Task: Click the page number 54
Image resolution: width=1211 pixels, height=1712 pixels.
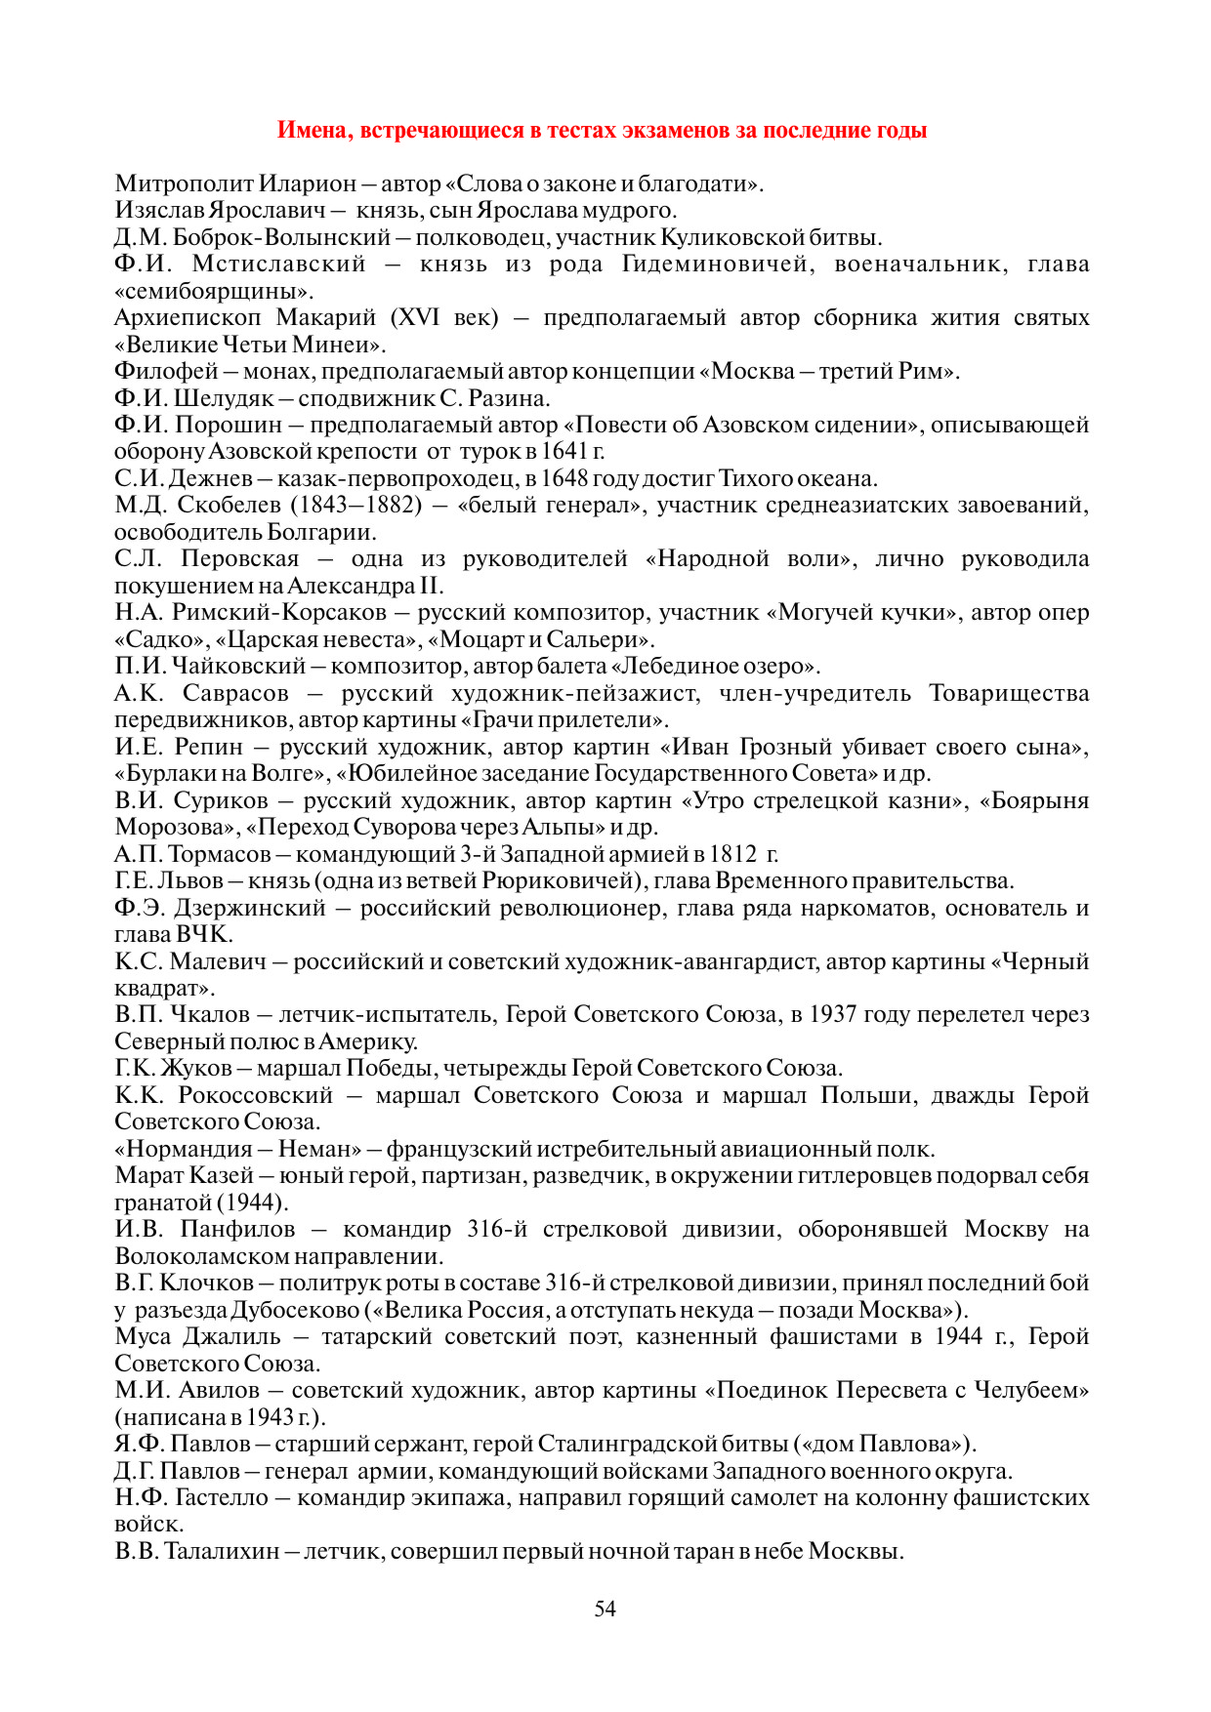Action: click(605, 1609)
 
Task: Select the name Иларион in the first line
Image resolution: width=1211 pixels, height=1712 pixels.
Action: click(308, 183)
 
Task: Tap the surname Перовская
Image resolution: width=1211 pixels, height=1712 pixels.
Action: click(240, 559)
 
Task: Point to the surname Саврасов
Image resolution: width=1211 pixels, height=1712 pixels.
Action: click(236, 693)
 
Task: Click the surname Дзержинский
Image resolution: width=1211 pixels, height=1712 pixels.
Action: click(250, 908)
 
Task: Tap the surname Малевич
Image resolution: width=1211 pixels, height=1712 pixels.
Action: click(218, 961)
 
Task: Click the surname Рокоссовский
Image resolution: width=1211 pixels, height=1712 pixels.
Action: click(256, 1095)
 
